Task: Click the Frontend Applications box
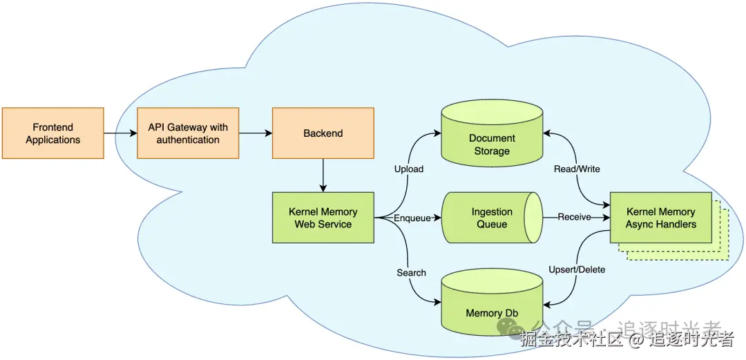pos(53,133)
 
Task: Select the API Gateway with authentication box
pos(188,133)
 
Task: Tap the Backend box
pos(323,133)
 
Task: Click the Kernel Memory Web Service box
pos(323,218)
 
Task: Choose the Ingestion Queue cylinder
pos(492,218)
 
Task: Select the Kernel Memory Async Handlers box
pos(660,218)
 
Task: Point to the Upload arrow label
pos(409,169)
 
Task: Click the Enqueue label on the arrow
pos(412,218)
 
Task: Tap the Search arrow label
pos(412,272)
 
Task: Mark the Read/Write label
pos(577,169)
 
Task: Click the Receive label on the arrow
pos(575,217)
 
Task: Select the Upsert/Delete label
pos(577,269)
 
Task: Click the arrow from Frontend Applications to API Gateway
pos(120,133)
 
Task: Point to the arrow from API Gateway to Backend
pos(256,133)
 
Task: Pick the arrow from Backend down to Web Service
pos(323,176)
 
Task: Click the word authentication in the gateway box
pos(188,140)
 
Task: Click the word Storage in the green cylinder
pos(492,151)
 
